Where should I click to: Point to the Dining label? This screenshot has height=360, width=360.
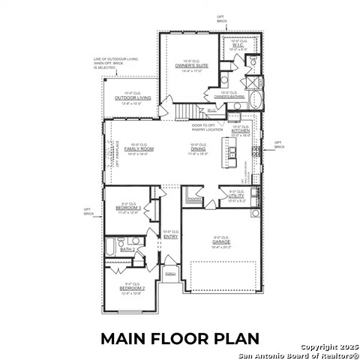click(x=199, y=148)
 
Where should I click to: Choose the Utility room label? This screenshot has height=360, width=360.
click(x=236, y=196)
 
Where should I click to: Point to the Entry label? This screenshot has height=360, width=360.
click(x=170, y=237)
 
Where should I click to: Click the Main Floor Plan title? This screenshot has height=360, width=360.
click(x=180, y=338)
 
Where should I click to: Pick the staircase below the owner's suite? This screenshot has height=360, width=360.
click(x=184, y=112)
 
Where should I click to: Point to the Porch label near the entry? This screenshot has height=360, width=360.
click(x=171, y=274)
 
